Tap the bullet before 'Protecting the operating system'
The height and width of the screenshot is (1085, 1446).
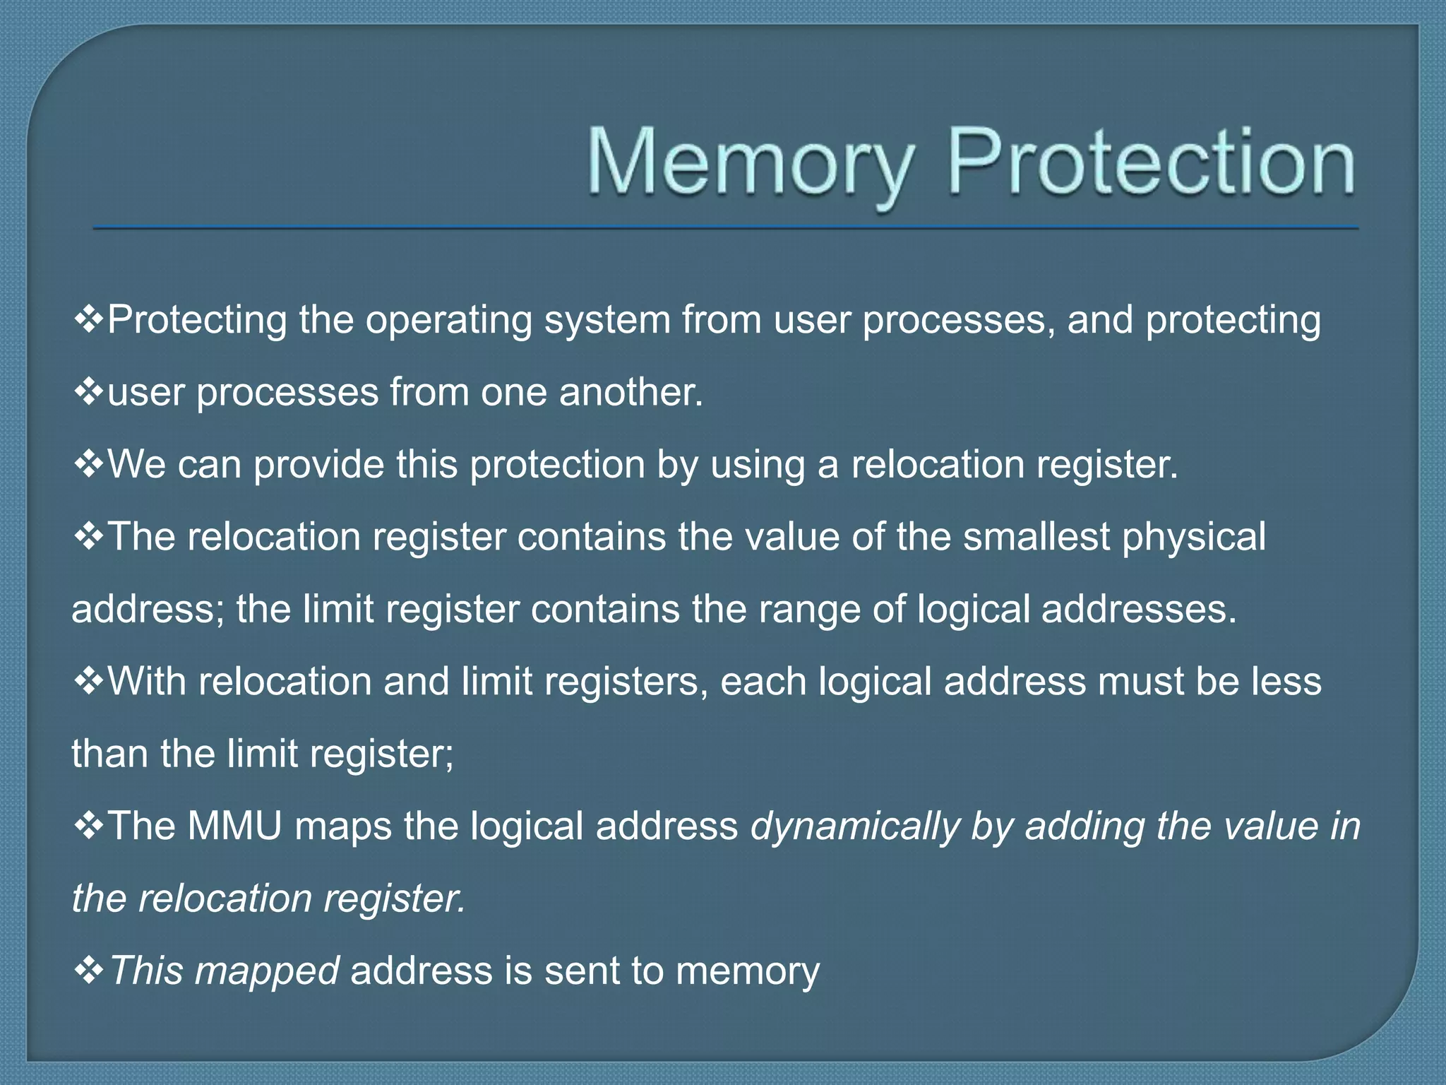click(89, 319)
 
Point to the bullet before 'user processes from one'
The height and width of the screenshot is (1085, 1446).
click(89, 392)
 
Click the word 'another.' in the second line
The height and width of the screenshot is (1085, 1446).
click(631, 392)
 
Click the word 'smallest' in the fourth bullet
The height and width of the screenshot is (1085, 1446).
click(1037, 537)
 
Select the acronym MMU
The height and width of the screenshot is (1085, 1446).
click(234, 826)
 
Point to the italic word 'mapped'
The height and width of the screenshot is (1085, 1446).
click(266, 972)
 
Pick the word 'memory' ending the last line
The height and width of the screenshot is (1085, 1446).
click(748, 972)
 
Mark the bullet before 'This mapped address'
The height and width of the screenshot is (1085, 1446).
click(89, 971)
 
